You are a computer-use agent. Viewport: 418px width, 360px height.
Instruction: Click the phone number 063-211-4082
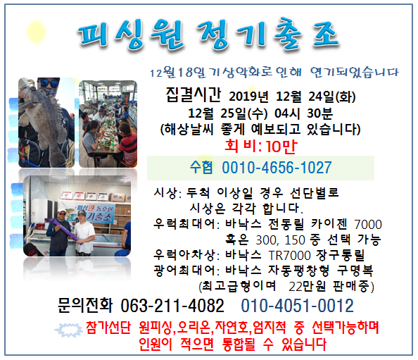[x=172, y=306]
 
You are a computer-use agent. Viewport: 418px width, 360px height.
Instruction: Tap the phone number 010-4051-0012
[x=297, y=306]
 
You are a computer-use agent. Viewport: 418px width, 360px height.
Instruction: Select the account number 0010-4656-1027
[x=277, y=168]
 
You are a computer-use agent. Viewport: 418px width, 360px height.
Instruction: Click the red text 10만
[x=281, y=147]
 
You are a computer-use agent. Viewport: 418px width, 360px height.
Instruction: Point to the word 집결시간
[x=194, y=95]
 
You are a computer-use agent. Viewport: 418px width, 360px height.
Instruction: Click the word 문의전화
[x=85, y=305]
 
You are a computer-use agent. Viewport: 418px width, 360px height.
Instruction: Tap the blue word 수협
[x=201, y=168]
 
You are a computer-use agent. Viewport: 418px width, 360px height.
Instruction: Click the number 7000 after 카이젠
[x=368, y=225]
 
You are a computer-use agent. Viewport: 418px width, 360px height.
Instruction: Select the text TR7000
[x=289, y=256]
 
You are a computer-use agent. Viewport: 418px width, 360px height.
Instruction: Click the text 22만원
[x=307, y=286]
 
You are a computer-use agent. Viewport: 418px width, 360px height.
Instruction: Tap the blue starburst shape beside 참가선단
[x=69, y=330]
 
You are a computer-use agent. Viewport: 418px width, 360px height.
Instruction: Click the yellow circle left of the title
[x=36, y=32]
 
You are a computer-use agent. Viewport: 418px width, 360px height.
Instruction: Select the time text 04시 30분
[x=303, y=113]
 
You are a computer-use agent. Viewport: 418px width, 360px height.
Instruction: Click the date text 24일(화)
[x=332, y=97]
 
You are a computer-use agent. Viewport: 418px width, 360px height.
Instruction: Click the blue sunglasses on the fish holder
[x=49, y=83]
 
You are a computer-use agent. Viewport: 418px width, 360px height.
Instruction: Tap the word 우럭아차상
[x=184, y=255]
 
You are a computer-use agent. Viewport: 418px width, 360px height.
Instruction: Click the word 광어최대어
[x=184, y=271]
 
